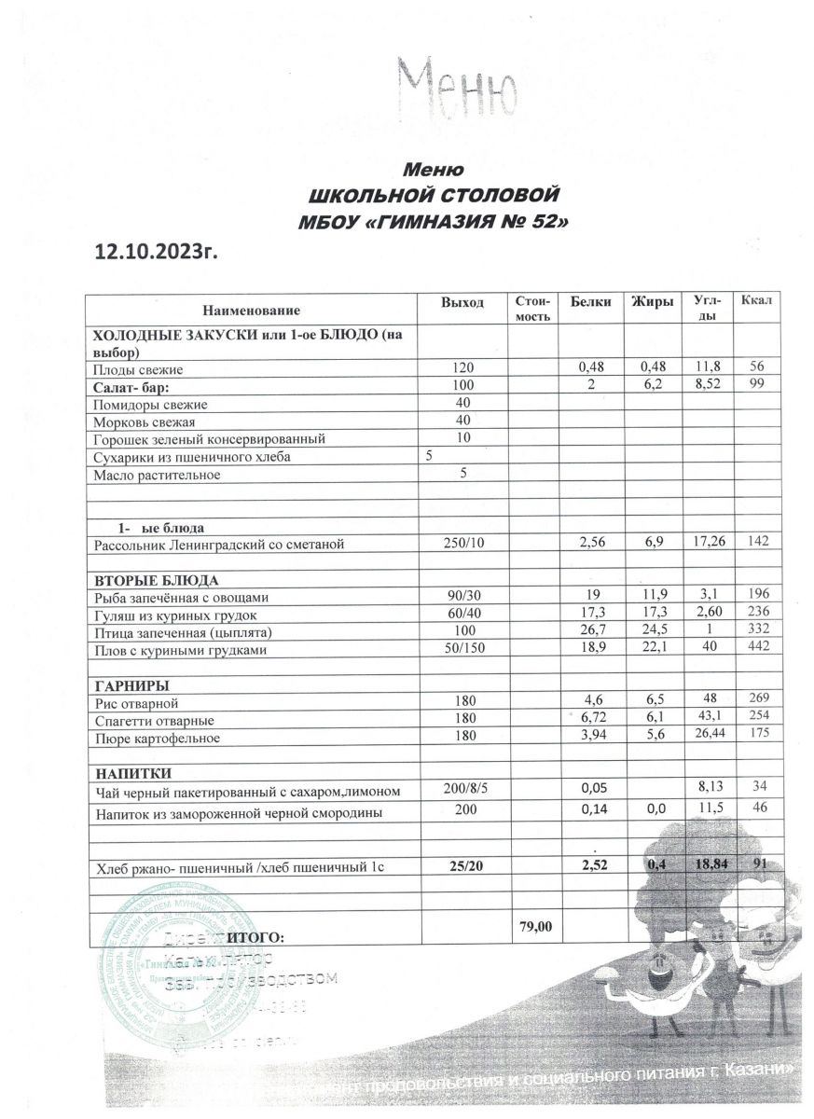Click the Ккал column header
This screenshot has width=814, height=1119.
pos(756,301)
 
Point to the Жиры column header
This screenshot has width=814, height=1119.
pos(653,301)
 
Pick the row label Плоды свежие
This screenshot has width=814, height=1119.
pos(137,370)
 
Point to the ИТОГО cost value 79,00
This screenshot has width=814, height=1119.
pos(533,926)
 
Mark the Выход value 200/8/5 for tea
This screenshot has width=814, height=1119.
pos(462,790)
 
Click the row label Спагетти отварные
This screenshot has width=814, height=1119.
pos(150,722)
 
